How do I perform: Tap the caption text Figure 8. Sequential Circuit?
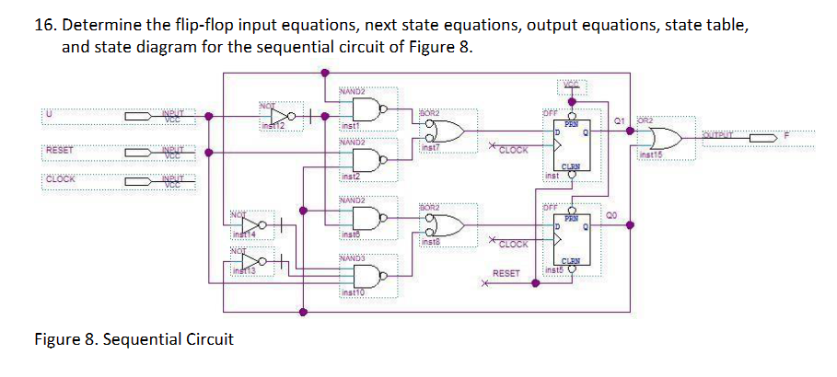tap(134, 339)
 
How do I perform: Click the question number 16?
tap(45, 26)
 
